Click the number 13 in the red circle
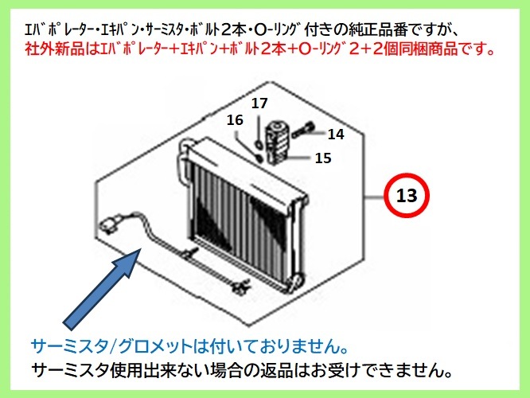tap(407, 196)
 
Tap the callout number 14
tap(336, 135)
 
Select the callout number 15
tap(322, 158)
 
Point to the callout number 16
tap(234, 120)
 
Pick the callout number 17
tap(260, 103)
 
